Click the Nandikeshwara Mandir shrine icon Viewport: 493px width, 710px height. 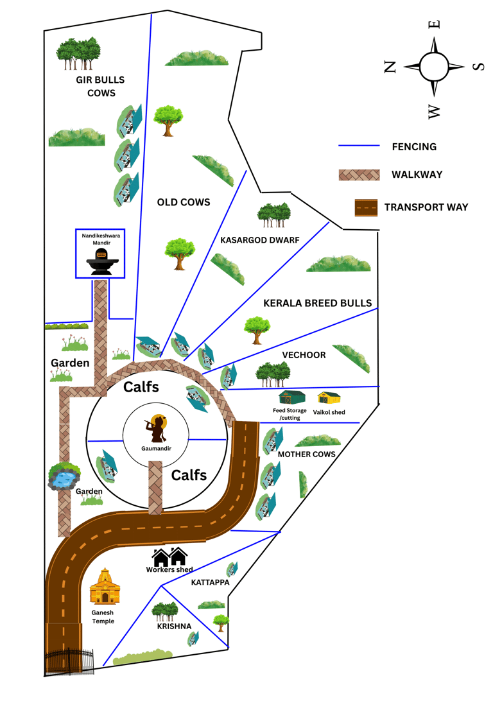click(x=102, y=261)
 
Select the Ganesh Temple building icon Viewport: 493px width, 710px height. click(x=105, y=586)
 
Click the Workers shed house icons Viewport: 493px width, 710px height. click(x=169, y=557)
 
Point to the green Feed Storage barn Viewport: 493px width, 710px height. click(x=292, y=397)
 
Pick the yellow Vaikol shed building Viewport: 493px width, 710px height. click(x=329, y=398)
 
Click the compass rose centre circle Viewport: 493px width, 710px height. click(x=434, y=67)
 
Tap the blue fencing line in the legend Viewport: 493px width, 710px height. click(x=359, y=146)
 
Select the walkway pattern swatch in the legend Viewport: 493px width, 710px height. click(x=359, y=175)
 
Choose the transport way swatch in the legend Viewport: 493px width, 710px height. click(x=367, y=207)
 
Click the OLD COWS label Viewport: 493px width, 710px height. click(x=184, y=202)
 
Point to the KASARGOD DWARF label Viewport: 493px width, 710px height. click(x=260, y=240)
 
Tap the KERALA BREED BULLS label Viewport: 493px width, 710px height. click(x=318, y=303)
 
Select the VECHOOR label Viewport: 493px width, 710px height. click(x=304, y=355)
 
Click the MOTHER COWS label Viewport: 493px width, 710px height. click(x=306, y=454)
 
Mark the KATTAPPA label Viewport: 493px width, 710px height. click(x=210, y=582)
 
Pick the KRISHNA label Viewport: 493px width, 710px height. click(x=175, y=627)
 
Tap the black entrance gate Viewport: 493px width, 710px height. click(x=69, y=662)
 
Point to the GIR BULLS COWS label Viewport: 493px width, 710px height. click(x=101, y=87)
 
